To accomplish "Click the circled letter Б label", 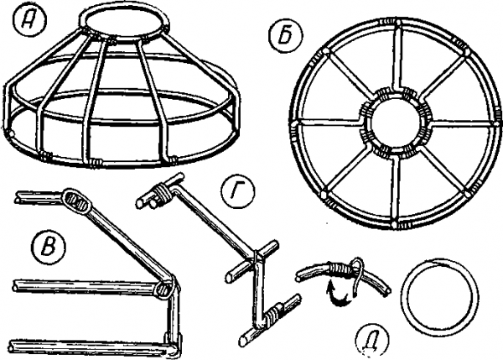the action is pos(286,35).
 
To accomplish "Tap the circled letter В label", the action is pos(49,248).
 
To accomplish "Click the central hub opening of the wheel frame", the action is pos(396,121).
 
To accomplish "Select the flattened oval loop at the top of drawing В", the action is pos(77,201).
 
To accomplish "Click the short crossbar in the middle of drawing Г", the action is pos(251,262).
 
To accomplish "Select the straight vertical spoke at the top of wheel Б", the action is pos(397,58).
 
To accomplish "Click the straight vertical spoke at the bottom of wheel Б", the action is pos(395,190).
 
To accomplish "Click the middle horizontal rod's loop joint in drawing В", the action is pos(165,288).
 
